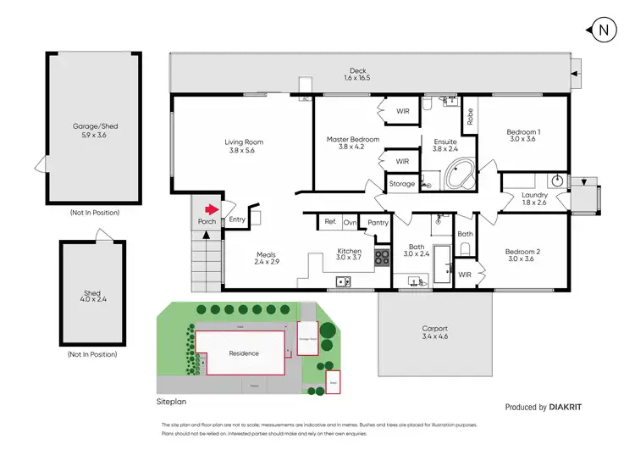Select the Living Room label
click(244, 147)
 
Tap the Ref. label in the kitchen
click(330, 222)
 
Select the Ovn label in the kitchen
click(349, 222)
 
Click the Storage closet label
click(401, 183)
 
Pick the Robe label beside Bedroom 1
click(469, 112)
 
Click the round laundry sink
click(558, 180)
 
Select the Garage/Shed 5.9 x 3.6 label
click(95, 131)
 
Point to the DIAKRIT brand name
click(565, 408)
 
